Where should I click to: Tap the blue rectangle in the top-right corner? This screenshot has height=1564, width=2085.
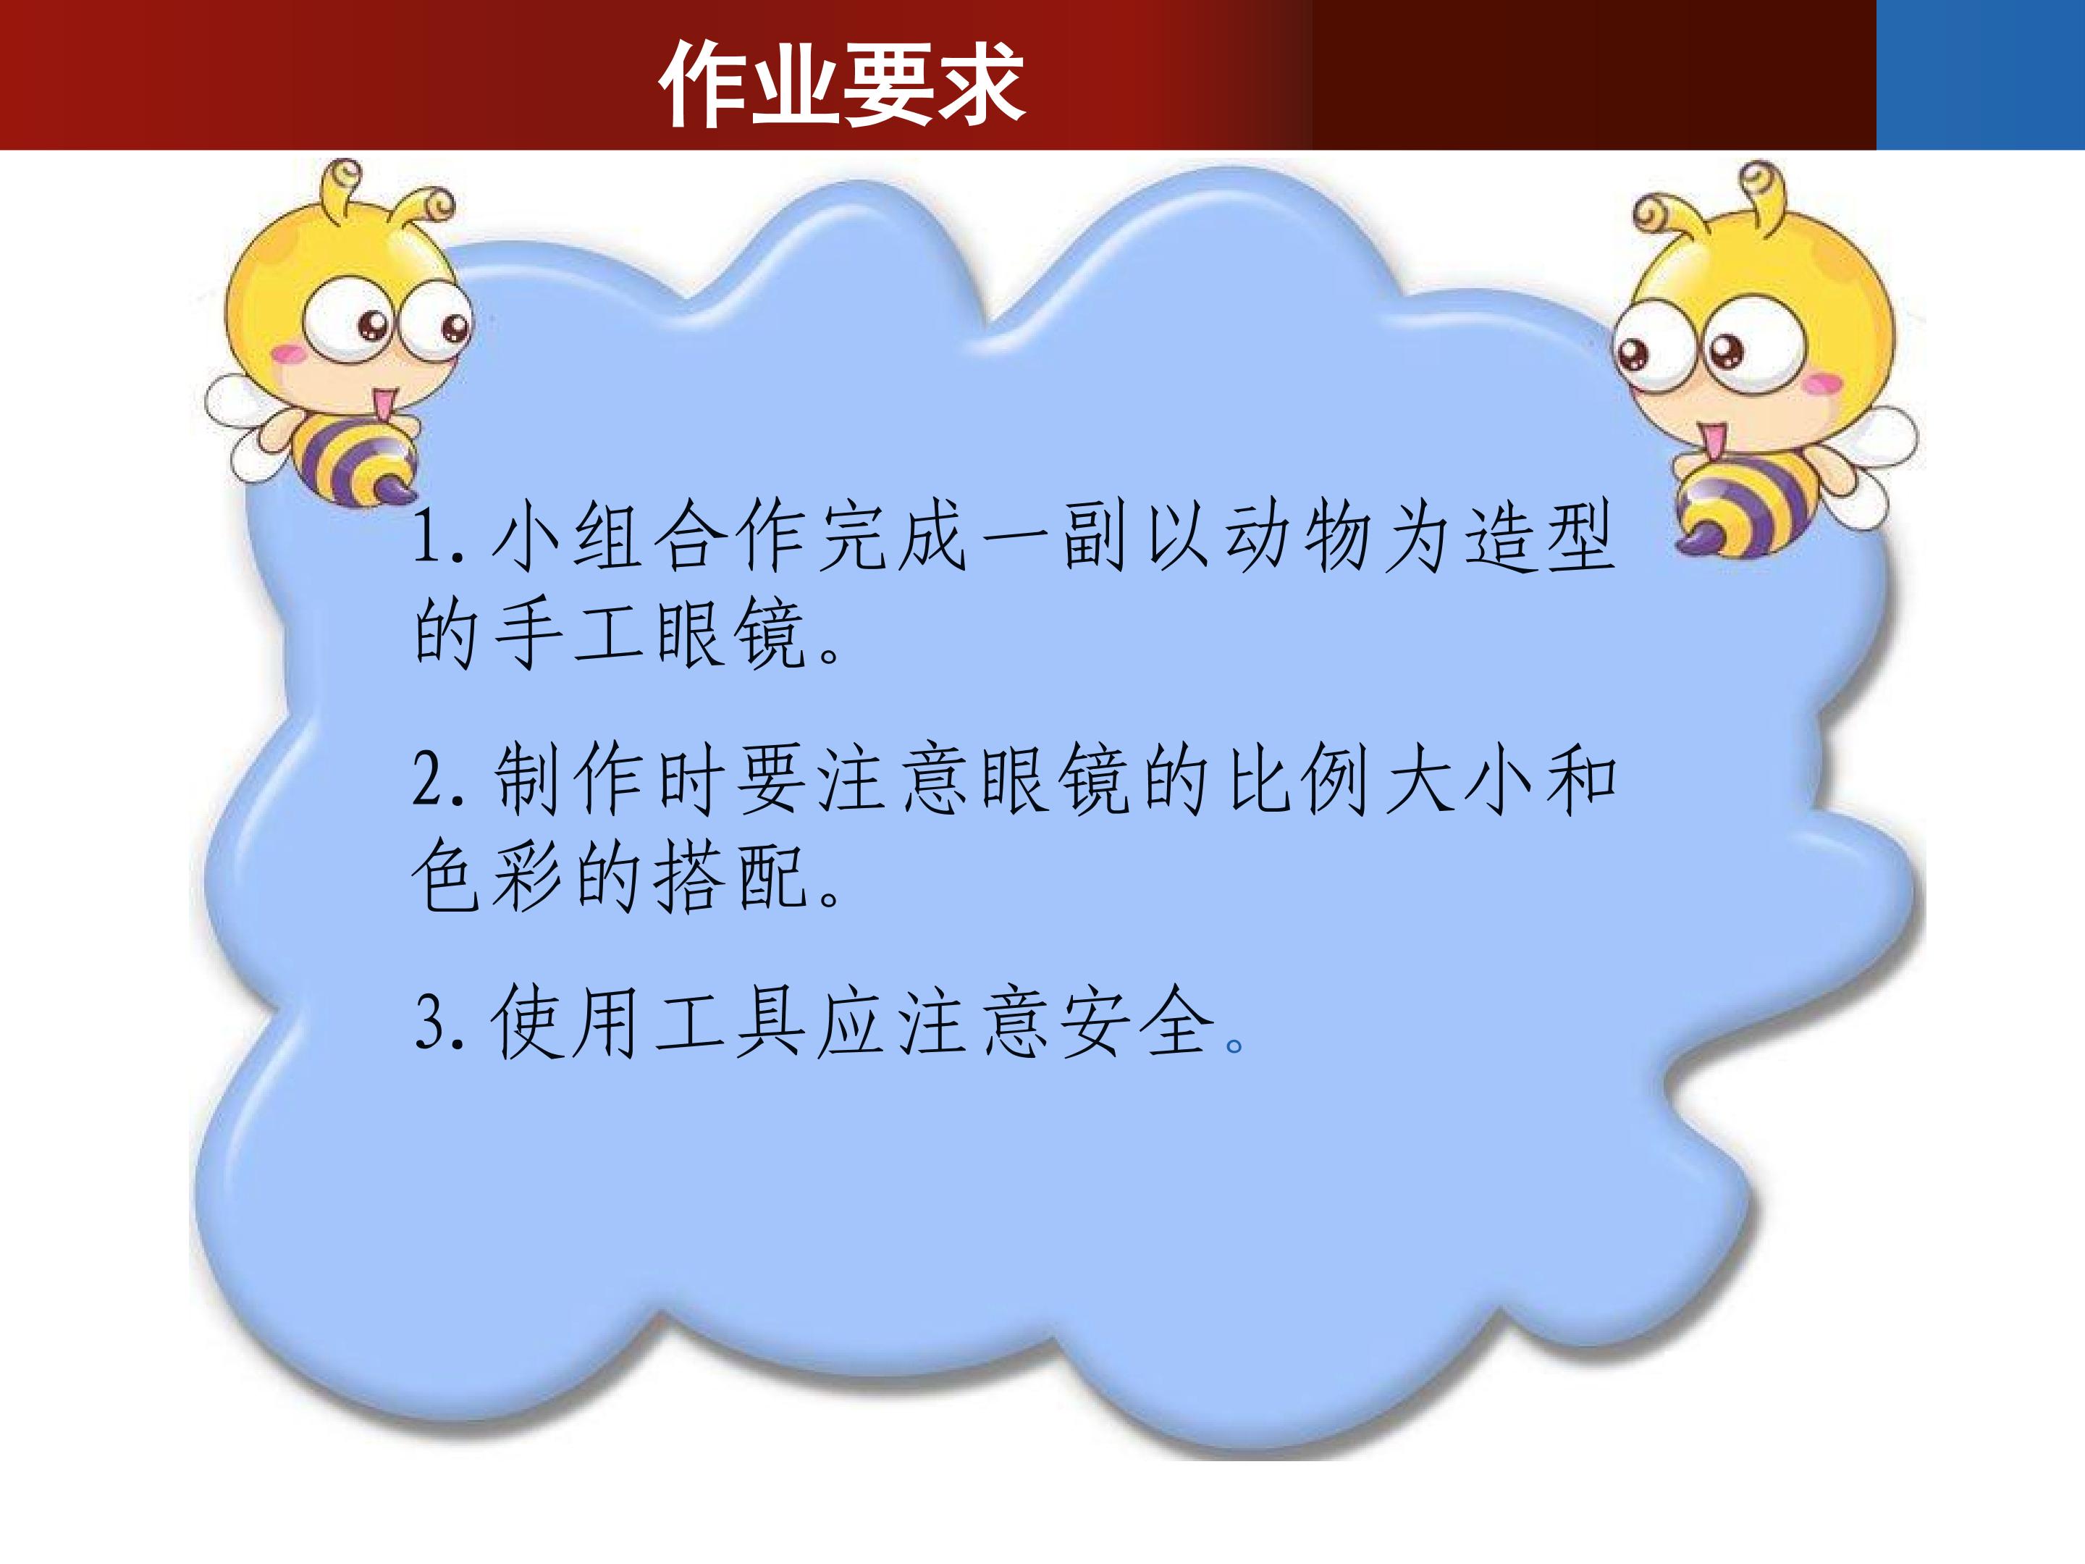pos(1979,74)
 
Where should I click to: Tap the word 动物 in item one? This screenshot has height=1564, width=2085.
pos(1298,537)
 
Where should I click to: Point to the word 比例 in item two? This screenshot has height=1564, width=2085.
pos(1298,780)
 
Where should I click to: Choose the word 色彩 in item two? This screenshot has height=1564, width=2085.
pos(491,877)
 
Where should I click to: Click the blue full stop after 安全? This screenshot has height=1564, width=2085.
pos(1234,1045)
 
